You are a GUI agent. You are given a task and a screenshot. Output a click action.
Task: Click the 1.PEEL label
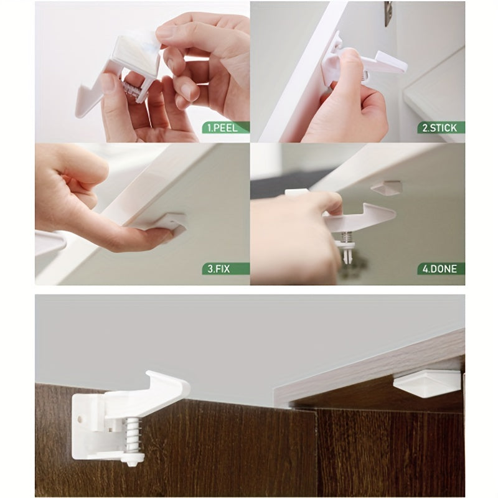point(227,128)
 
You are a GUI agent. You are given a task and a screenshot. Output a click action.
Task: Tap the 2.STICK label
point(439,128)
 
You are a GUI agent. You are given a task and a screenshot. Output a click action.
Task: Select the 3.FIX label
point(227,269)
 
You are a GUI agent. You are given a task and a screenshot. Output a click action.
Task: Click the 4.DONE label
point(439,269)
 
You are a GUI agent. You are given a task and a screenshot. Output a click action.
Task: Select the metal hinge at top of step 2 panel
point(388,12)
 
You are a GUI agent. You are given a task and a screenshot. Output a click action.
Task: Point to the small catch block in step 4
point(386,187)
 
